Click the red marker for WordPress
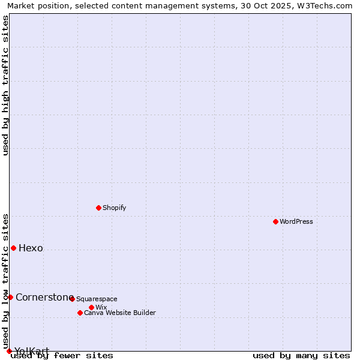[275, 221]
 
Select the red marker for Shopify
[98, 208]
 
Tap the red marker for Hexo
[13, 248]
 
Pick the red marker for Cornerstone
[10, 297]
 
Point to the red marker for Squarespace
[72, 299]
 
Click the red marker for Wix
[91, 307]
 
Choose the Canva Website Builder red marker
[80, 313]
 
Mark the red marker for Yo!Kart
[9, 351]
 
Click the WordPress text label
[296, 221]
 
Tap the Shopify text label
[114, 208]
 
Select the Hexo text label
[31, 248]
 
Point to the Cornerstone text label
[44, 298]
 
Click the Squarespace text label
[97, 299]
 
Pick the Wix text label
[101, 307]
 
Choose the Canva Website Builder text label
[120, 313]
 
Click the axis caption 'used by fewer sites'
[62, 356]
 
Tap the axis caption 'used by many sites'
[301, 356]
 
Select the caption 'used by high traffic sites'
[6, 85]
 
